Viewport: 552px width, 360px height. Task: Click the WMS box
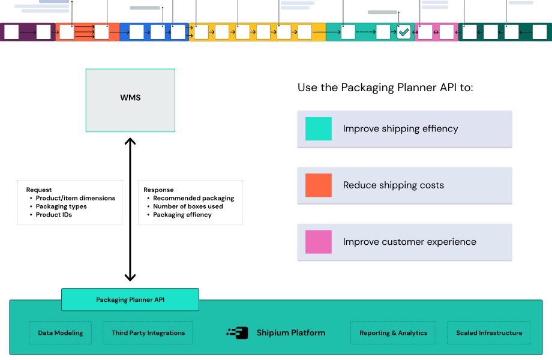[x=130, y=100]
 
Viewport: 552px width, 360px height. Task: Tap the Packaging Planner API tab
[x=130, y=299]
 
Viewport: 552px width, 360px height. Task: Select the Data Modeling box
[x=61, y=333]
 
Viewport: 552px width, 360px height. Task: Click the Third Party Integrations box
[x=148, y=333]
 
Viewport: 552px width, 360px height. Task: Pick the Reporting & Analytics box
[x=394, y=333]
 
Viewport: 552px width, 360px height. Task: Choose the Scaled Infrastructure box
[x=489, y=333]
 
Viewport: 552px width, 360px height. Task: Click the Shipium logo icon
[x=238, y=332]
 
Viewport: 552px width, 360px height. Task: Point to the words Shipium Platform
[x=291, y=332]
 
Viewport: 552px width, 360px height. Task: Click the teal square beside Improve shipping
[x=319, y=128]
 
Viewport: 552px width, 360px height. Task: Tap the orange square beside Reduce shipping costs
[x=319, y=185]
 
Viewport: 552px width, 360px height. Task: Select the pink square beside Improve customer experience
[x=319, y=242]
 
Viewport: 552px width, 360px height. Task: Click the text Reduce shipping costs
[x=394, y=185]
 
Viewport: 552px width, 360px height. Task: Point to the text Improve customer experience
[x=410, y=242]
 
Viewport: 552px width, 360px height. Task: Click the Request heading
[x=39, y=190]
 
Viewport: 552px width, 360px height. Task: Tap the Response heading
[x=158, y=190]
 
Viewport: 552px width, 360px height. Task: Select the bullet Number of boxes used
[x=188, y=206]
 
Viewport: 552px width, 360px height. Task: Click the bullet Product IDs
[x=54, y=215]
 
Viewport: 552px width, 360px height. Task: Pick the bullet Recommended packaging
[x=193, y=198]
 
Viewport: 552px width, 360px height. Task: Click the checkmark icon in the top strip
[x=404, y=32]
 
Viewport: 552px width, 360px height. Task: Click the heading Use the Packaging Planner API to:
[x=385, y=88]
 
